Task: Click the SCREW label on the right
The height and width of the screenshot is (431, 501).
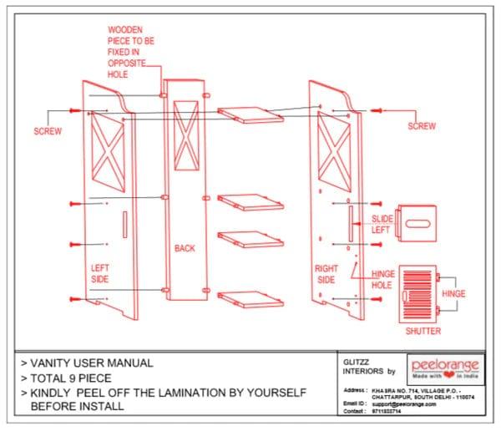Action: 422,126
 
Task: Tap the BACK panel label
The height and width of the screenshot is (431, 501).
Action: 185,248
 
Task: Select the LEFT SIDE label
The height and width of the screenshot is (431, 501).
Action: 99,273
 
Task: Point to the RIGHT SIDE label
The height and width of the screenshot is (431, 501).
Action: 326,274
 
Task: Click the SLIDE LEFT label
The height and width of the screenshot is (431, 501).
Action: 381,224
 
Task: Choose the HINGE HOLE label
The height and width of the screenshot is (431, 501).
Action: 382,279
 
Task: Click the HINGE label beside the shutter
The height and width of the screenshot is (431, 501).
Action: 453,294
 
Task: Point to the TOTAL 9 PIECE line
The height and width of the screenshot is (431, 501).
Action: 76,378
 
